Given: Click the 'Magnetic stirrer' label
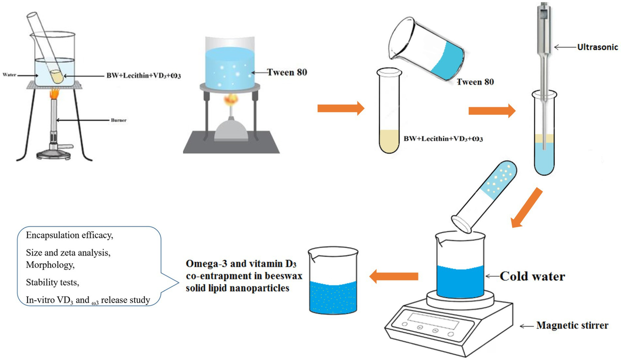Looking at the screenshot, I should [571, 326].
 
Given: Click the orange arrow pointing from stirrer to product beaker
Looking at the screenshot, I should [393, 278].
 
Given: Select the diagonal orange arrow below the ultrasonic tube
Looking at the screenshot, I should [526, 207].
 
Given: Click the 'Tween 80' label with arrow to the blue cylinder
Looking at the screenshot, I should [287, 72].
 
